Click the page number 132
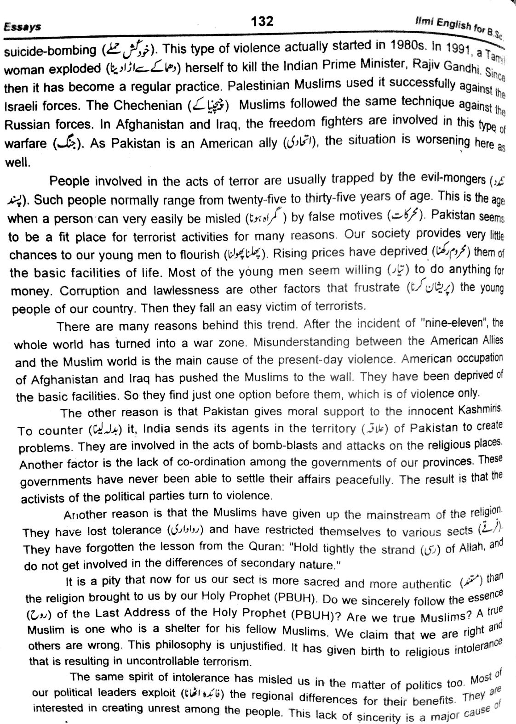(262, 21)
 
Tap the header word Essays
(22, 27)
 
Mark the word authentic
(426, 584)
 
